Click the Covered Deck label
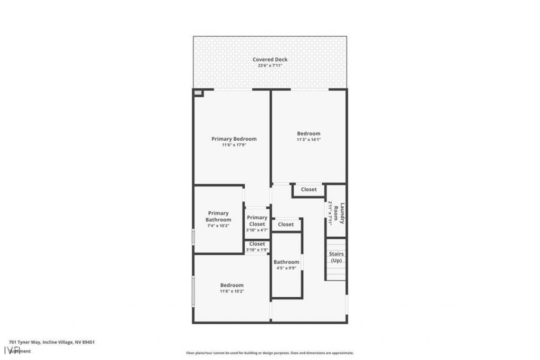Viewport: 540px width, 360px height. click(269, 60)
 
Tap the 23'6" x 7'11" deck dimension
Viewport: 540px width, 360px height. click(269, 66)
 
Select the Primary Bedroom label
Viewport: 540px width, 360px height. click(234, 139)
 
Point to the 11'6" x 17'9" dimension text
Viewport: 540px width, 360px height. click(234, 145)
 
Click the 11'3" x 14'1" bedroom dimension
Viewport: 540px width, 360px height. click(308, 140)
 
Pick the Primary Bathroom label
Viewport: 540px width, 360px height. click(218, 216)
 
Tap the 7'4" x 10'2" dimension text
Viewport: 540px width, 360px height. click(218, 226)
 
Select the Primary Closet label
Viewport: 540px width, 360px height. click(257, 221)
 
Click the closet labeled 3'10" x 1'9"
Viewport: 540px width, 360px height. click(257, 246)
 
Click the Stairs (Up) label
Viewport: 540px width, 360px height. click(336, 257)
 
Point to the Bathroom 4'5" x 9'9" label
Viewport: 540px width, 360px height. click(286, 265)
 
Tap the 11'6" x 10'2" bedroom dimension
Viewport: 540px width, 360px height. click(232, 291)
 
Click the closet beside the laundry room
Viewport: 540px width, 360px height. click(308, 190)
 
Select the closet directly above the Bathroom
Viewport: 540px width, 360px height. click(286, 225)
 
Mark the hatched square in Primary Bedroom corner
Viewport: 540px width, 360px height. click(198, 93)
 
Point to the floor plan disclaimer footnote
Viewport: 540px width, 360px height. click(269, 353)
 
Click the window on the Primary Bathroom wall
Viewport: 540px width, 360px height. click(193, 237)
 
